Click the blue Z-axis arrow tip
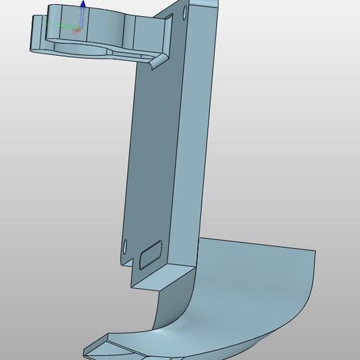(x=83, y=4)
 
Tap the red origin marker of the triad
(x=77, y=31)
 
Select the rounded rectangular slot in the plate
(x=150, y=254)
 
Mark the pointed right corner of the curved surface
(x=315, y=251)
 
